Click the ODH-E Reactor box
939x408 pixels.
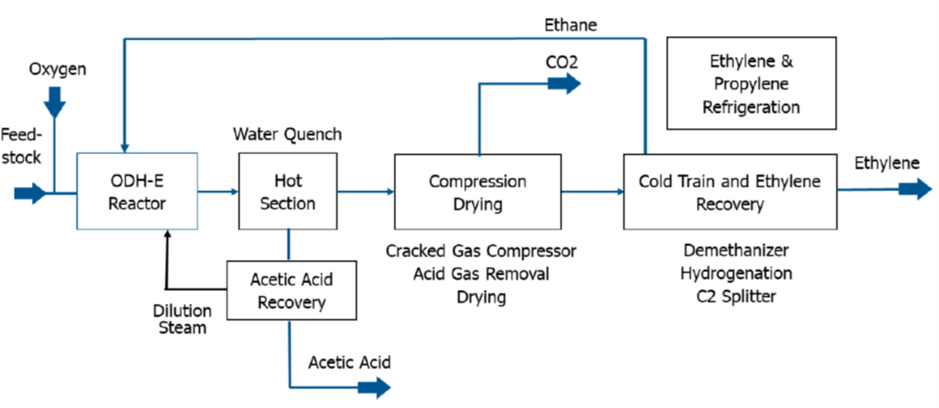[x=138, y=191]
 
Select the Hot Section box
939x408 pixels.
[x=289, y=191]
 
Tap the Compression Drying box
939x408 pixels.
[x=478, y=191]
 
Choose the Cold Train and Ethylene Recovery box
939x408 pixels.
[x=730, y=191]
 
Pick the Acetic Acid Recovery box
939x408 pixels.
[x=291, y=291]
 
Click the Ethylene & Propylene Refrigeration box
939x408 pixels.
[x=751, y=83]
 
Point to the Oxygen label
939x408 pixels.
[x=57, y=69]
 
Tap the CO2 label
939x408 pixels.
[x=561, y=62]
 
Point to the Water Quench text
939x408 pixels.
[x=288, y=134]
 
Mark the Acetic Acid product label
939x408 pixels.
[x=349, y=362]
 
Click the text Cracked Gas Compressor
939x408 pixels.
[x=481, y=250]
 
